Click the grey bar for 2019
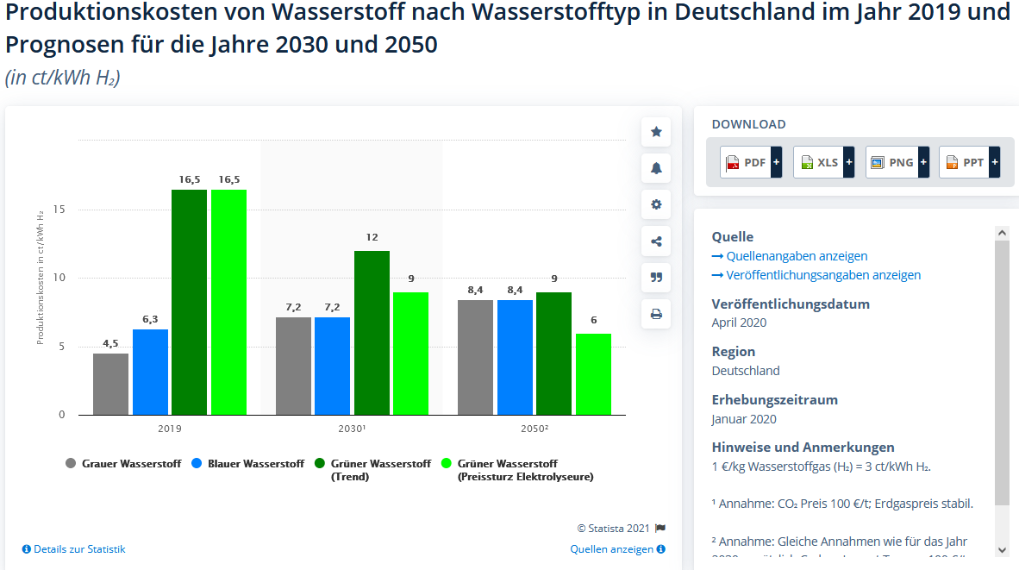pos(110,384)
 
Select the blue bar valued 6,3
pos(150,372)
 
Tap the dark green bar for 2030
pos(372,332)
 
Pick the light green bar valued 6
pos(593,373)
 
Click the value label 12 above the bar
pos(372,237)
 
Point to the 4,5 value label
pos(110,343)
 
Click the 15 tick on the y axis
pos(59,210)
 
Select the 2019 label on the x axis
pos(170,428)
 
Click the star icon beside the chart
pos(656,132)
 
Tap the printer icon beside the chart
pos(656,314)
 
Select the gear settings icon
pos(656,204)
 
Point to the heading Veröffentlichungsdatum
pos(791,304)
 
